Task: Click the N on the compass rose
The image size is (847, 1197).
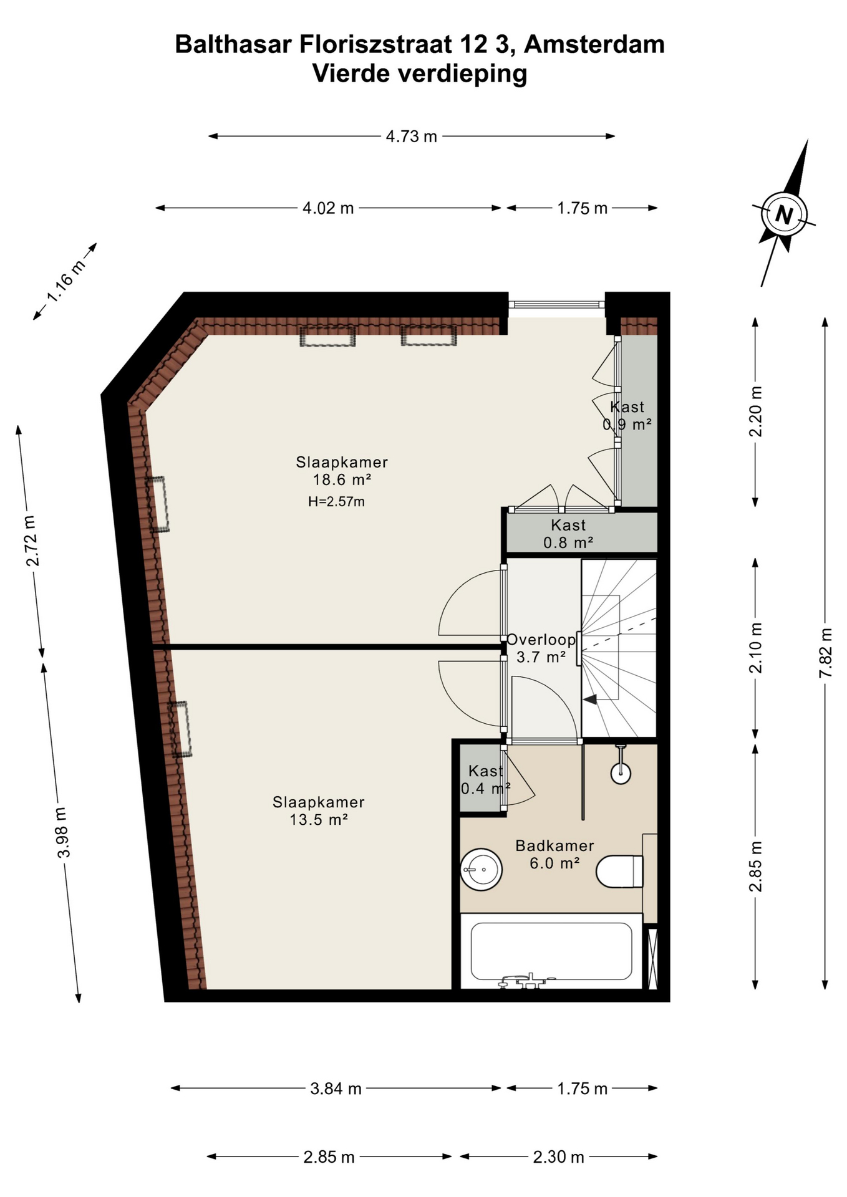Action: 784,215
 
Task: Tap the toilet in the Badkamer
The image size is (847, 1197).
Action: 619,871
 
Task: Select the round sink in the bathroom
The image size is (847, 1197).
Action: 481,869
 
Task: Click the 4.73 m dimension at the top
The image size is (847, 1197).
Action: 411,137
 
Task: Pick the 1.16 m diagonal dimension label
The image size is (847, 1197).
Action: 66,281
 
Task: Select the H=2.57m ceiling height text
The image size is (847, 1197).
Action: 336,501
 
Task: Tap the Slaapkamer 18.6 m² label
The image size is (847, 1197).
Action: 341,471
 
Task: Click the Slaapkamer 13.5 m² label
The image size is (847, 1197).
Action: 318,811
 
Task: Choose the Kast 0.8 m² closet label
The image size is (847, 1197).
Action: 568,534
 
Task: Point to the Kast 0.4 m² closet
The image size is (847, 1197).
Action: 485,780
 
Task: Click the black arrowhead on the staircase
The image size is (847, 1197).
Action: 590,699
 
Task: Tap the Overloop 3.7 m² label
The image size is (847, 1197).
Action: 541,648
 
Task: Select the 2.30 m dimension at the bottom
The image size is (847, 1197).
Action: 558,1157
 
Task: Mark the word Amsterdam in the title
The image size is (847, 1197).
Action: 594,45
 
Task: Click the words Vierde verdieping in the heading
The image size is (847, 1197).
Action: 419,74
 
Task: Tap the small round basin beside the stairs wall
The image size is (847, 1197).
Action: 621,773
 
